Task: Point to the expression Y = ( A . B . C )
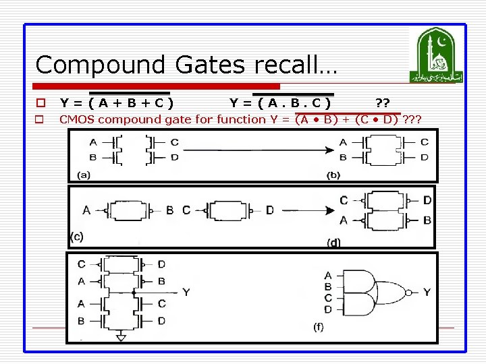pos(280,103)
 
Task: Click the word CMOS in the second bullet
pos(78,120)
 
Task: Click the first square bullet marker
pos(40,103)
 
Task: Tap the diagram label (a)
pos(84,175)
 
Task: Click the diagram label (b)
pos(333,175)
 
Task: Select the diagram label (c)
pos(76,237)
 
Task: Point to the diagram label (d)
pos(333,242)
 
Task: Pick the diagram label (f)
pos(317,328)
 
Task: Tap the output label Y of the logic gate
pos(427,293)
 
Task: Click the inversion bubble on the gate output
pos(408,293)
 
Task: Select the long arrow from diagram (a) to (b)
pos(256,149)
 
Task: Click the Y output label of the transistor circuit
pos(186,293)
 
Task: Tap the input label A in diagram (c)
pos(86,211)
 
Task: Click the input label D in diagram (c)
pos(269,211)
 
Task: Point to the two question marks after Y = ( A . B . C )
pos(382,103)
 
